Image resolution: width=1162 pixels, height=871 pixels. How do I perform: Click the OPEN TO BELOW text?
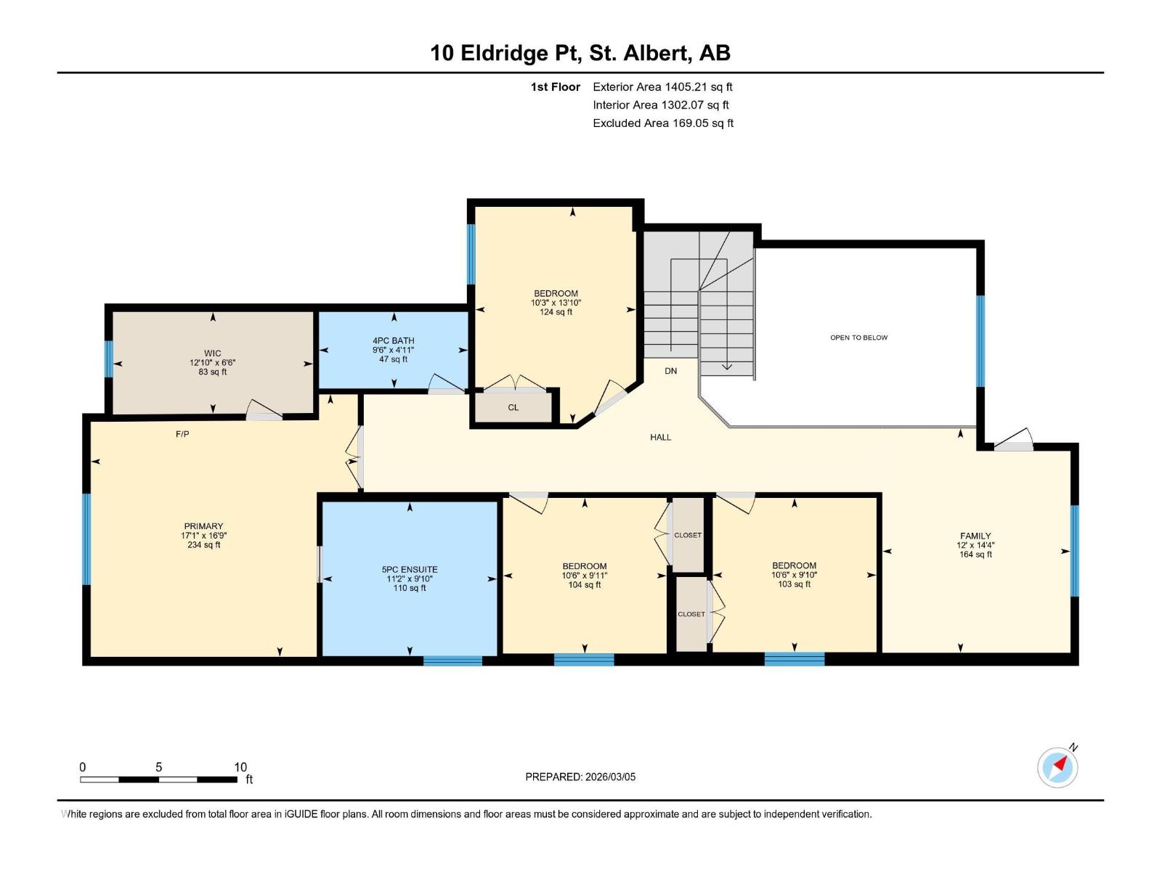(858, 338)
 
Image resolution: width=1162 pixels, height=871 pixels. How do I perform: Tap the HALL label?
(660, 437)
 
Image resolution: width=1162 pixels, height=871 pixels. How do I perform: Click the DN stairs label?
(670, 371)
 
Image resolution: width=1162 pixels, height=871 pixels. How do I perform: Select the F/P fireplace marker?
(182, 434)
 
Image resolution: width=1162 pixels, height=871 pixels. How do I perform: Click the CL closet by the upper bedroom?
(513, 407)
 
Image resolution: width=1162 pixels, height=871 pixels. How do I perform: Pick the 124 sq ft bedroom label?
(556, 303)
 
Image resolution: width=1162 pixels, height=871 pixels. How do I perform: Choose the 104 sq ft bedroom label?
(584, 575)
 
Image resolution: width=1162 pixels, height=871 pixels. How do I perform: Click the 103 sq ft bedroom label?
(794, 574)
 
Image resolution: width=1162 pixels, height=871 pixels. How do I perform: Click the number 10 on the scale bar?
(240, 767)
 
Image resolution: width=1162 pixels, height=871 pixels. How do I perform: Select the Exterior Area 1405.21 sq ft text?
(662, 86)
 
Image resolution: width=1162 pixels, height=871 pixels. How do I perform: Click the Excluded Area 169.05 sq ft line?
(662, 123)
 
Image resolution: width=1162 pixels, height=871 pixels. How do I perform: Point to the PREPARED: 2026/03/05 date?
(580, 777)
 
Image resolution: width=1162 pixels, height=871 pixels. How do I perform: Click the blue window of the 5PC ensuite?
(452, 661)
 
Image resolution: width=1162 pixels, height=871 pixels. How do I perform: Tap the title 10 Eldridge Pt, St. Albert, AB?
(580, 53)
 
